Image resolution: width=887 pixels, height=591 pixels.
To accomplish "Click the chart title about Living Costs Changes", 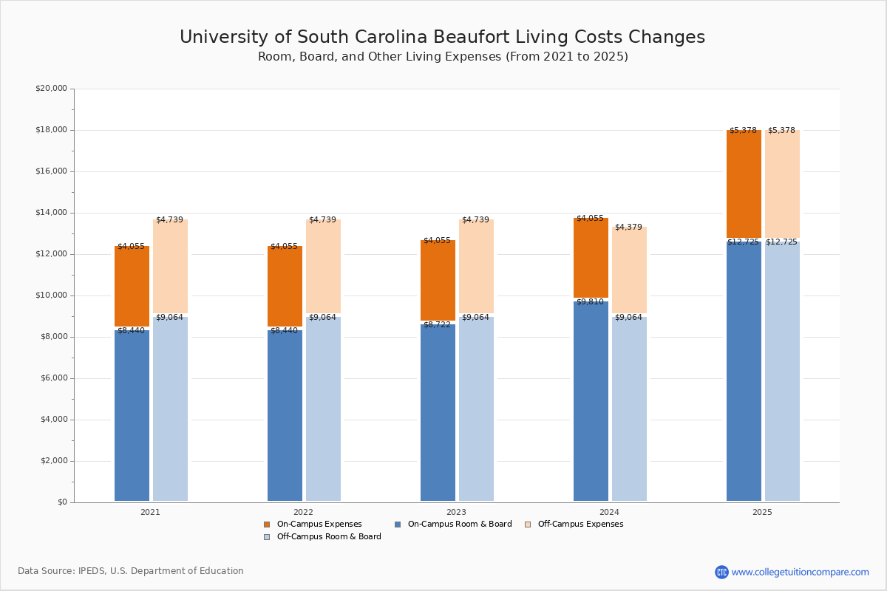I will coord(442,38).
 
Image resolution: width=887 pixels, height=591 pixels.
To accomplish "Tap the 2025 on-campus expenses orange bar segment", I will coord(744,185).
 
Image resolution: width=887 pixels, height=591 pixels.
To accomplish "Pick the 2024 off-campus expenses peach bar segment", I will coord(629,270).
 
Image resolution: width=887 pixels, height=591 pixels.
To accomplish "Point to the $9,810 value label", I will coord(590,302).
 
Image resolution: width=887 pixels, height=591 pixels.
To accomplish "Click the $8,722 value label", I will coord(437,324).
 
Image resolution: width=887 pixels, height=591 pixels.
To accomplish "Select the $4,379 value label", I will coord(628,227).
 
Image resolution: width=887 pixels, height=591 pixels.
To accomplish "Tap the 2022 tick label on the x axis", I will coord(303,512).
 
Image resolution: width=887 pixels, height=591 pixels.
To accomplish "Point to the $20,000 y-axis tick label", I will coord(51,89).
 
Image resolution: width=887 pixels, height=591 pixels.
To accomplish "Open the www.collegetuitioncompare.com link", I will coord(801,572).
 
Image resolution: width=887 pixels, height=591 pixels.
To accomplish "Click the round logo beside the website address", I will coord(721,572).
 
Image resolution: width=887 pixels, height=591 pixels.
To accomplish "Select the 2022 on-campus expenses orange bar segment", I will coord(285,287).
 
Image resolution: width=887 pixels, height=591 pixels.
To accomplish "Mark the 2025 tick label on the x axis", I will coord(762,512).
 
